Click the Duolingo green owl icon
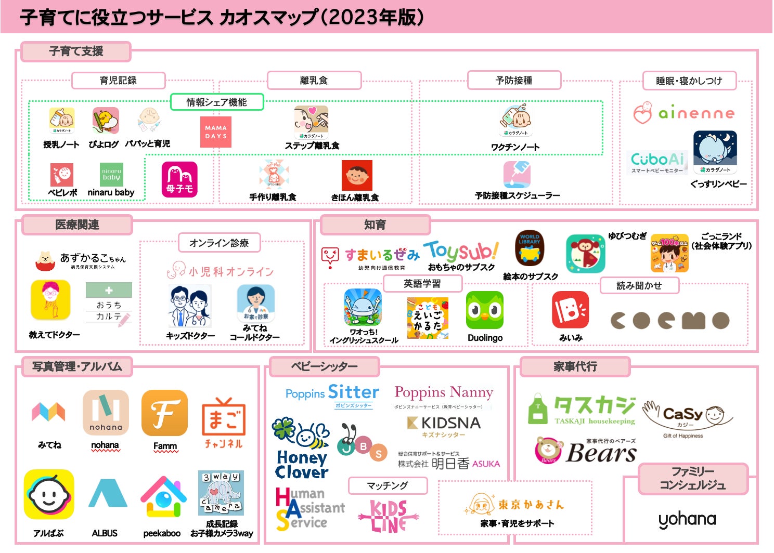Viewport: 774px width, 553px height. pyautogui.click(x=484, y=310)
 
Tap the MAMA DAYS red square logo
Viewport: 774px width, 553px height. pyautogui.click(x=216, y=132)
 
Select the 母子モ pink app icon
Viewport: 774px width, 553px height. pyautogui.click(x=179, y=179)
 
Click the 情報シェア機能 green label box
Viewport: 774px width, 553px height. pyautogui.click(x=217, y=102)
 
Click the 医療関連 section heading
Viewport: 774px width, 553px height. pyautogui.click(x=77, y=225)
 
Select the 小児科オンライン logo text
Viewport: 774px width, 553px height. pyautogui.click(x=220, y=271)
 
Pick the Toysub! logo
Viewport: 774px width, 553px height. pyautogui.click(x=461, y=251)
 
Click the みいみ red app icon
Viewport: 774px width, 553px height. pyautogui.click(x=570, y=310)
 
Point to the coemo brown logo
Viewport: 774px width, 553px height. pyautogui.click(x=670, y=320)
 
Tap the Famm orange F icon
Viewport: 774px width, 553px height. pyautogui.click(x=164, y=414)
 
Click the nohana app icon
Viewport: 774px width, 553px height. pyautogui.click(x=106, y=413)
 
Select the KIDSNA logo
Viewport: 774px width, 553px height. pyautogui.click(x=444, y=423)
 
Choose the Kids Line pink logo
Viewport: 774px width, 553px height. pyautogui.click(x=389, y=516)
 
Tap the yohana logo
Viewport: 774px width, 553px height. pyautogui.click(x=687, y=519)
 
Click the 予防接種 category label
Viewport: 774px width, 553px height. pyautogui.click(x=514, y=81)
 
